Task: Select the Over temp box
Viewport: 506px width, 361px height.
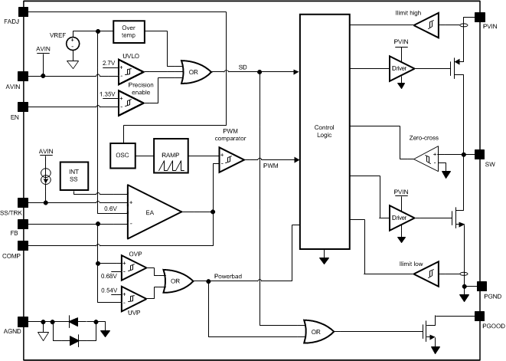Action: [128, 31]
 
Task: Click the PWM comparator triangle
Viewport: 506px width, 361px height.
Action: [232, 160]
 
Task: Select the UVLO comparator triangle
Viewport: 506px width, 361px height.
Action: [131, 72]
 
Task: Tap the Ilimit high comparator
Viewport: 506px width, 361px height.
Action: [426, 25]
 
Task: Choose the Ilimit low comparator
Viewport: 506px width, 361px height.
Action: [426, 273]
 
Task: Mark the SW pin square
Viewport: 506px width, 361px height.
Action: [480, 153]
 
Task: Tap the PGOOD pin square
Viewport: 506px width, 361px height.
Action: [480, 315]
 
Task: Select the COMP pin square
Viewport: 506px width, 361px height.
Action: [22, 246]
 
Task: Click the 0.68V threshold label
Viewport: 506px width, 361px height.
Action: [110, 276]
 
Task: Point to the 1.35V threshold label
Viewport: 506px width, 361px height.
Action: [109, 94]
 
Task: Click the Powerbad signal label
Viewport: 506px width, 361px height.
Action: [229, 275]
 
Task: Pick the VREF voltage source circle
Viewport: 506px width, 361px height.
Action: [73, 44]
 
